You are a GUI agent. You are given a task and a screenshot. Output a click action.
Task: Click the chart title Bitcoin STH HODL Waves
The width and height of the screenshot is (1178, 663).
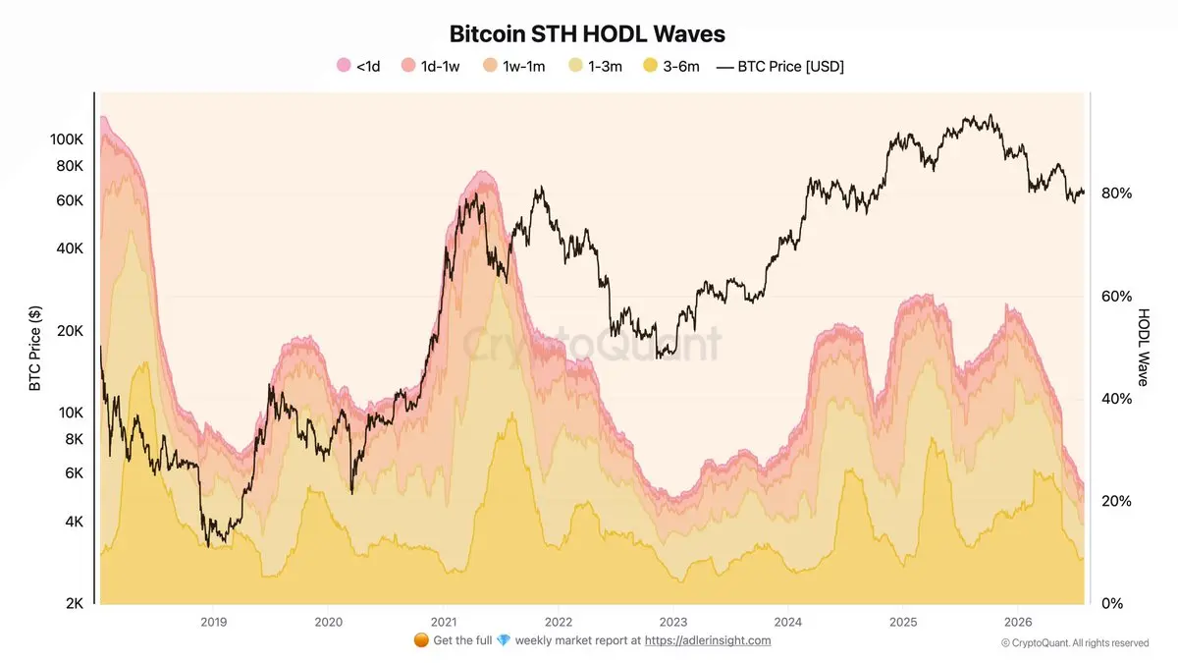587,34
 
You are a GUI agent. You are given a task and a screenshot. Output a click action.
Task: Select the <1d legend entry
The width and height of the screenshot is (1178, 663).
358,67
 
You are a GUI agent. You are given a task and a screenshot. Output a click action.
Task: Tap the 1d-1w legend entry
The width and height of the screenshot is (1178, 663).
430,67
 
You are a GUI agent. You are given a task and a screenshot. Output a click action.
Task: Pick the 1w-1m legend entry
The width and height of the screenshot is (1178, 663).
513,67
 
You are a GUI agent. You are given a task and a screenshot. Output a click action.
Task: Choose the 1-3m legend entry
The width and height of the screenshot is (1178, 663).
595,67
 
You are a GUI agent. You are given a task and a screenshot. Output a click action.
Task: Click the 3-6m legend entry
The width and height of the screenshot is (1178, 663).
671,67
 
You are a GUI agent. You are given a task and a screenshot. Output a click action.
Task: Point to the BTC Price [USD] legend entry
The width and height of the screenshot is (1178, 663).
780,67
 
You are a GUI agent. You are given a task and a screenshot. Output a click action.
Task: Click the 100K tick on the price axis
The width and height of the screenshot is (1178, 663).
67,139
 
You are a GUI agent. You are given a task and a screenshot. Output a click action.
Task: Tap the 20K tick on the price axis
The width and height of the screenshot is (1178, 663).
70,331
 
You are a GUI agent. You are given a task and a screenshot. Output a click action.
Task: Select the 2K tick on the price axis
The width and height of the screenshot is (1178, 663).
75,603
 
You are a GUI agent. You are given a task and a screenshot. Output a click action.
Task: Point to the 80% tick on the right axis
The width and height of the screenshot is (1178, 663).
1116,193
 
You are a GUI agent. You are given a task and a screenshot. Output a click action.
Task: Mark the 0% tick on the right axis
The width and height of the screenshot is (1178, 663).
1111,603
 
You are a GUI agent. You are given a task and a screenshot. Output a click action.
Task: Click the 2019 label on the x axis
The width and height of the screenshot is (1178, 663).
214,622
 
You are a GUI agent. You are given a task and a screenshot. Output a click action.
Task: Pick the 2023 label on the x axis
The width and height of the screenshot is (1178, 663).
673,622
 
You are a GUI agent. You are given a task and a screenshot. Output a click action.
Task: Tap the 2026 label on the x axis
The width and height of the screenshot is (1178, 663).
1018,622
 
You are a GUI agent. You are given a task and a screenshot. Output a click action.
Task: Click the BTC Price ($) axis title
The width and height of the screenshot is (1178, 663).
34,349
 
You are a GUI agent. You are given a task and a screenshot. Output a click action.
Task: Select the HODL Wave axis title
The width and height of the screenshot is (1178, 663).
1144,348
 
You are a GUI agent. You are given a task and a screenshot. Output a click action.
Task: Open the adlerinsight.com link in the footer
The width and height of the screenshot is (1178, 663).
708,640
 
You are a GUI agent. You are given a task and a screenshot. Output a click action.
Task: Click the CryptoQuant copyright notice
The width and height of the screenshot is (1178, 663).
1075,643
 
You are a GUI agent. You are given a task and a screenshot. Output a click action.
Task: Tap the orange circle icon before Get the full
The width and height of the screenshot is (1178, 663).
421,640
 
